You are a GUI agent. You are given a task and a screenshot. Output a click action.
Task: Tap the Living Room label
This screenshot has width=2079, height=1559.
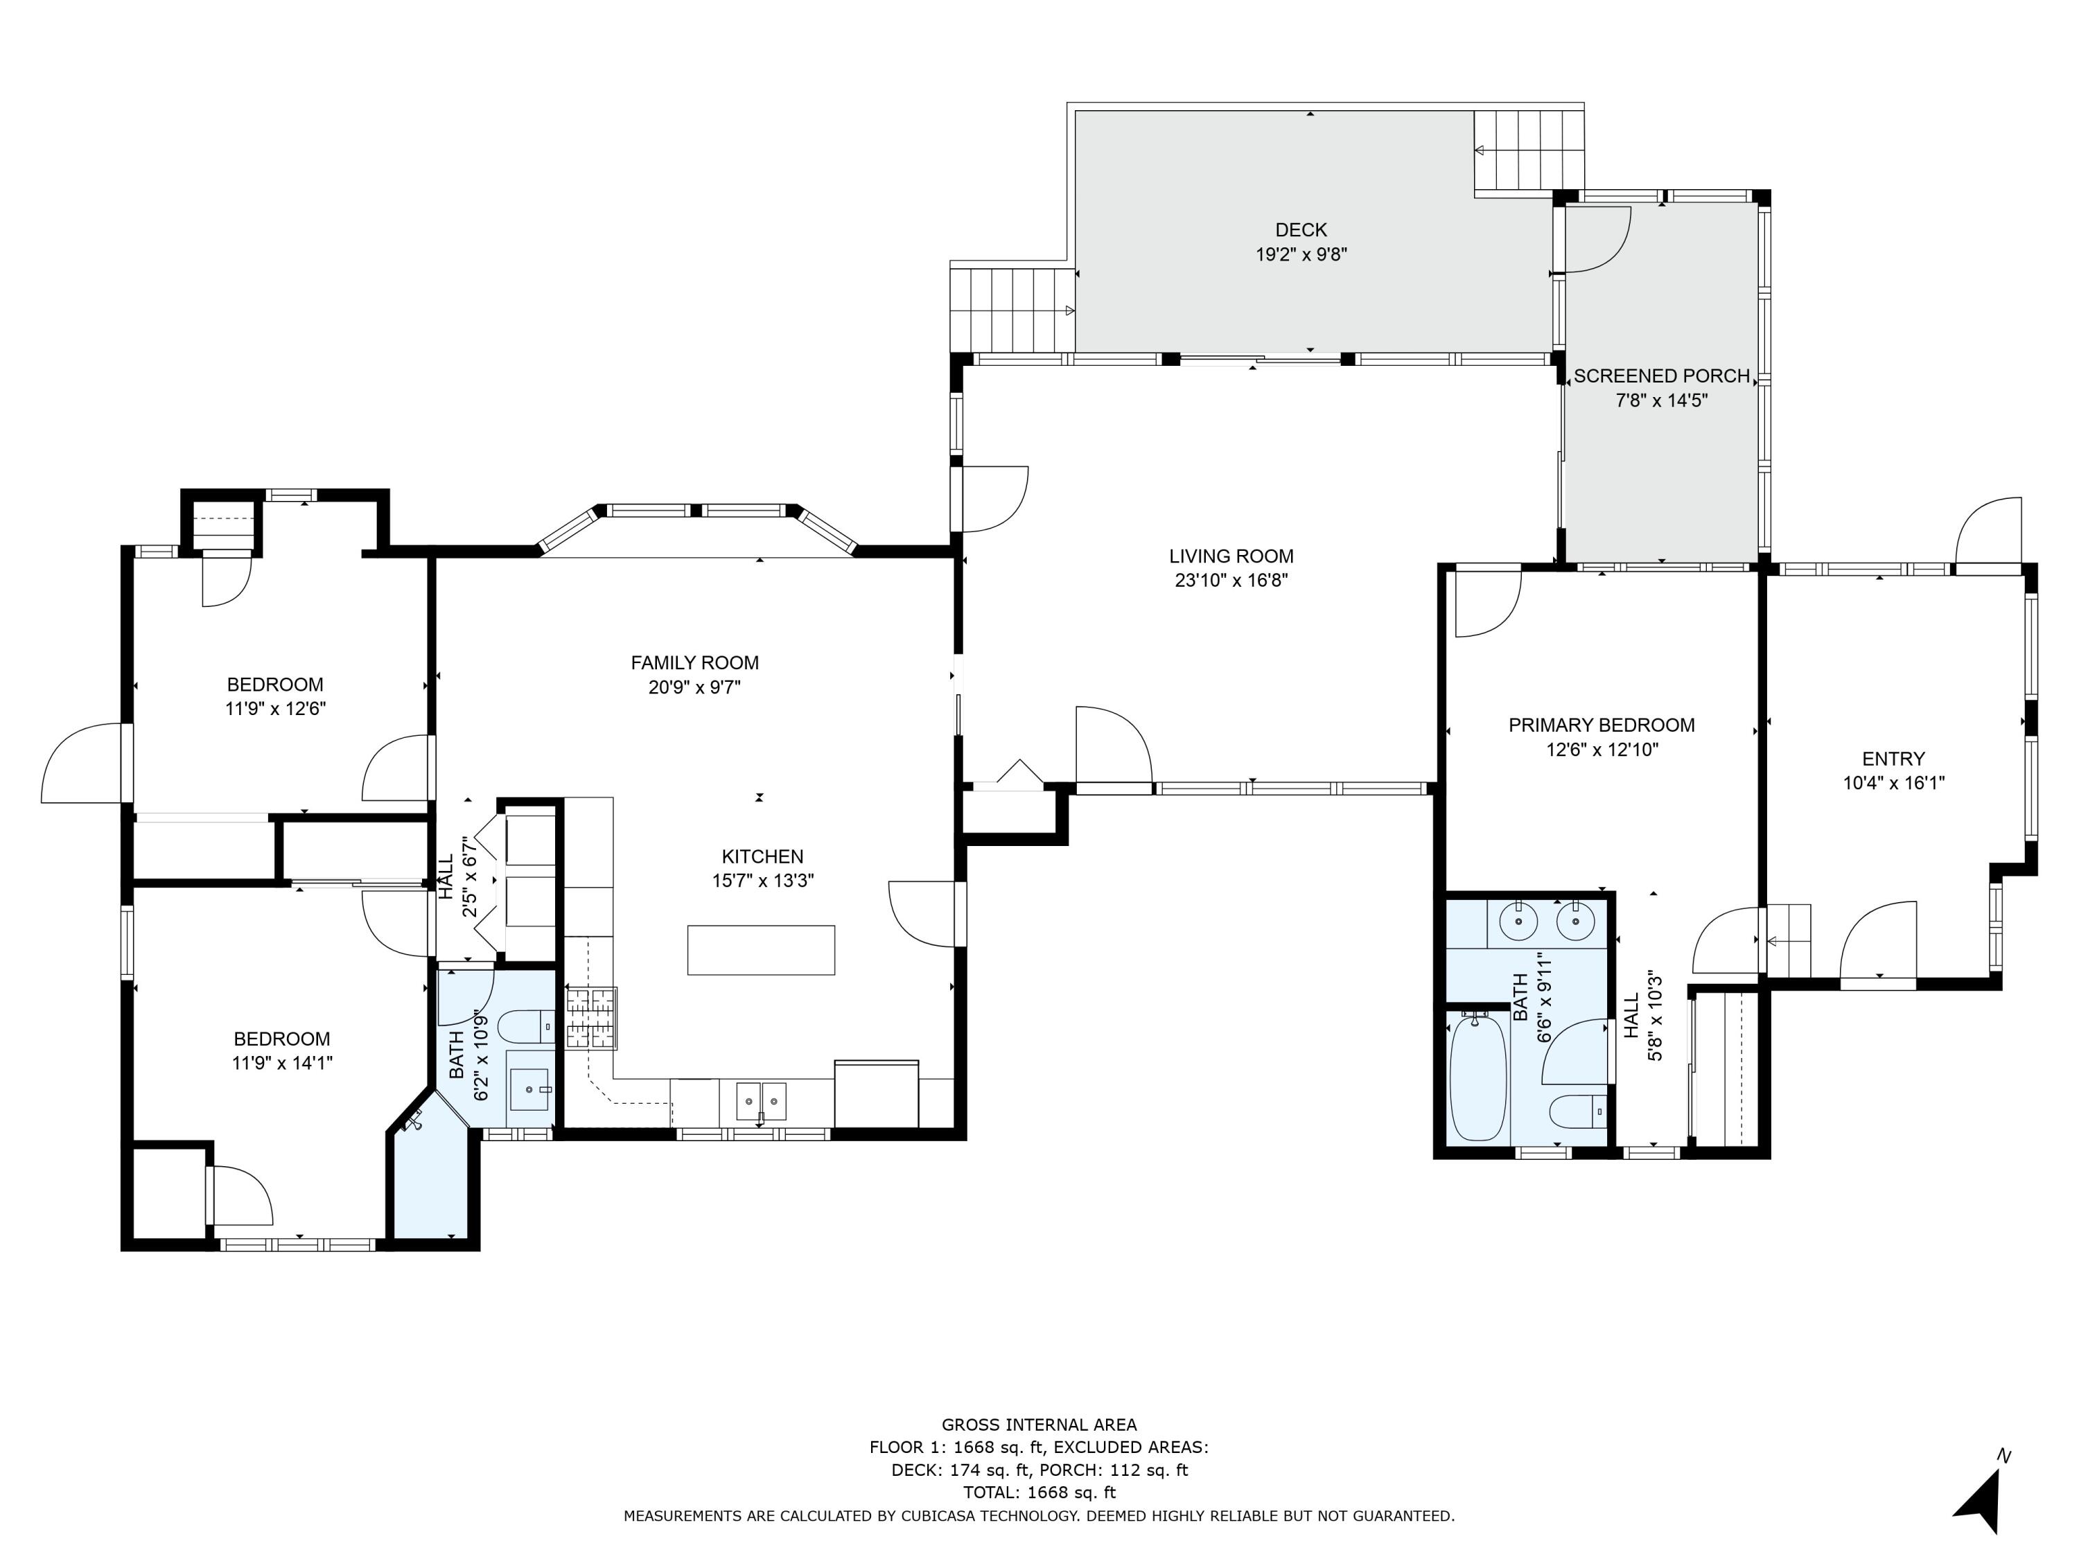pos(1231,556)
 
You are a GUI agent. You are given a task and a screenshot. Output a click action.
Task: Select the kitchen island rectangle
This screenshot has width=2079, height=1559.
pos(762,950)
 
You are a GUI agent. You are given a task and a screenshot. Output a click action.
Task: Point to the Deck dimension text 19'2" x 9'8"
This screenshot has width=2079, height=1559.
pos(1301,255)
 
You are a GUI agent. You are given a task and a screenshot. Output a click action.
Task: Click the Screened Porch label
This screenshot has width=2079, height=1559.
pos(1662,376)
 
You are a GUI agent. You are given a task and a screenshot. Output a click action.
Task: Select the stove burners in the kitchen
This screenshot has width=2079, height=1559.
pos(591,1019)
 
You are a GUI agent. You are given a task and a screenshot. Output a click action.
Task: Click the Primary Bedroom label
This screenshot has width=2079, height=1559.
pos(1602,725)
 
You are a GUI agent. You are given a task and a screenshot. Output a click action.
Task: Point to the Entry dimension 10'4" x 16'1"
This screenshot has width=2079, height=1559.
pos(1894,783)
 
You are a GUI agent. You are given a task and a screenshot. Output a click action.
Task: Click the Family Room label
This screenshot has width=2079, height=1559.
pos(694,662)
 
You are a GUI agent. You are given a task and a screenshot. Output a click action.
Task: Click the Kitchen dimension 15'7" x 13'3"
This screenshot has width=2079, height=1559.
pos(763,881)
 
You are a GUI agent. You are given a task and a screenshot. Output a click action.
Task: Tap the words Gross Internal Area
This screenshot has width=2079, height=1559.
pos(1039,1425)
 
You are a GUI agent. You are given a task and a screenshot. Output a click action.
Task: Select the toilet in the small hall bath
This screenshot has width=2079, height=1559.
pos(525,1027)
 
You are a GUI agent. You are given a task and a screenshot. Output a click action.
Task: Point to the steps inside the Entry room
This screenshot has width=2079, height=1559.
pos(1789,941)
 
